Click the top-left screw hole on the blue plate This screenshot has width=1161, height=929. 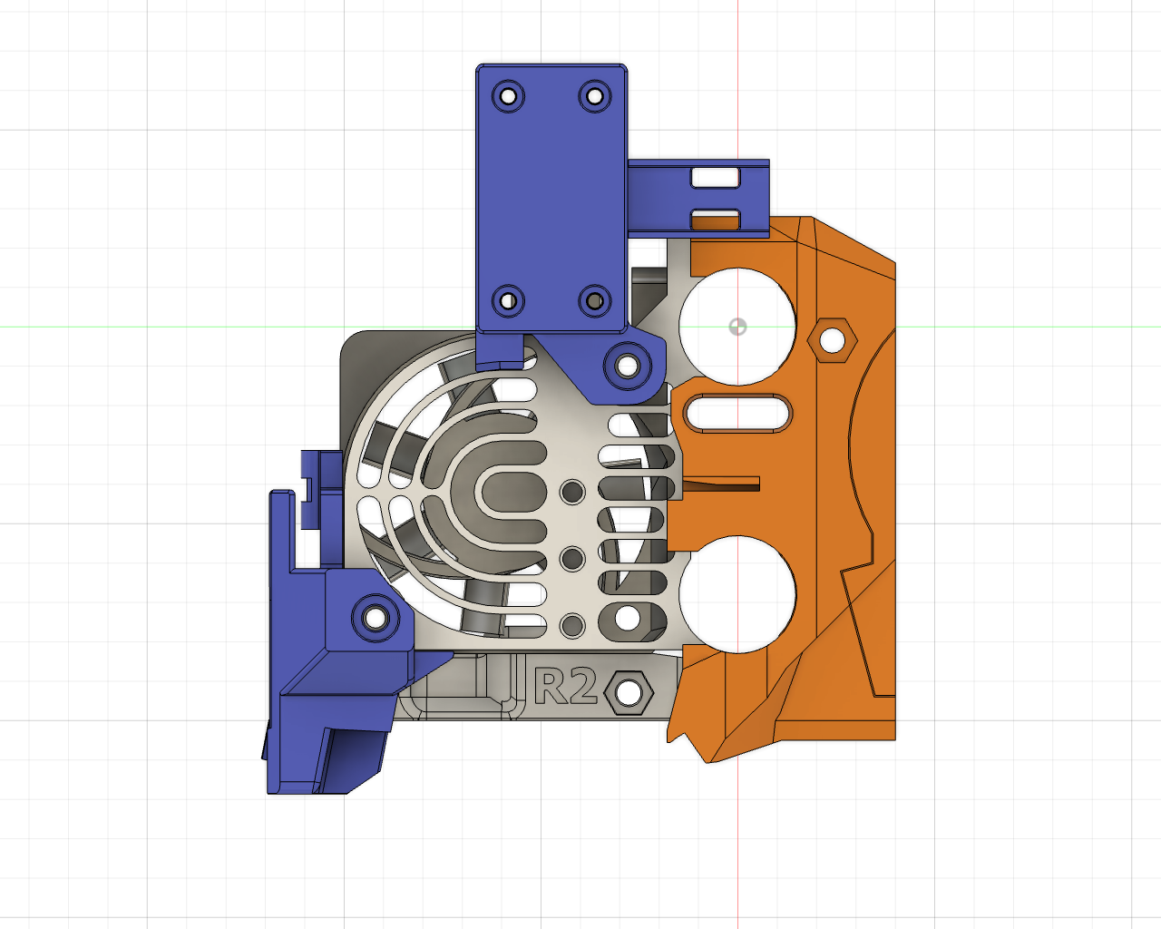[x=508, y=95]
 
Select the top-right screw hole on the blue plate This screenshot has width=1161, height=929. [x=594, y=95]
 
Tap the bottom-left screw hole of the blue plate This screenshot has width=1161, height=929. [x=508, y=300]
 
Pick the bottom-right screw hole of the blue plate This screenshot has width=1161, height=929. [x=594, y=300]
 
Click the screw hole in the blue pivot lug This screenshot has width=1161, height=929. [x=627, y=367]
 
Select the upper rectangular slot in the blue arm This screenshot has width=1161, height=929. [x=716, y=177]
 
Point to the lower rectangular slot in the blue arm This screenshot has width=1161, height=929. [x=716, y=219]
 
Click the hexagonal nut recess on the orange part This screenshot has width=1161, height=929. [x=832, y=340]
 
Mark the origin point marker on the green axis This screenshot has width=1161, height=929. [x=737, y=326]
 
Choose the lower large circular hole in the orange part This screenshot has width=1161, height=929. [x=737, y=594]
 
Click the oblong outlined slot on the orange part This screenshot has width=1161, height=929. [x=737, y=414]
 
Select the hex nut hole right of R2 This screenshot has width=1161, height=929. [x=629, y=693]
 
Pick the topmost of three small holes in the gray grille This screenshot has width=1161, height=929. [x=572, y=492]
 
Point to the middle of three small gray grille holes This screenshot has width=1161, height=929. [x=572, y=559]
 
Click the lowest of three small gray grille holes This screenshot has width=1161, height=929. [x=572, y=625]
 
